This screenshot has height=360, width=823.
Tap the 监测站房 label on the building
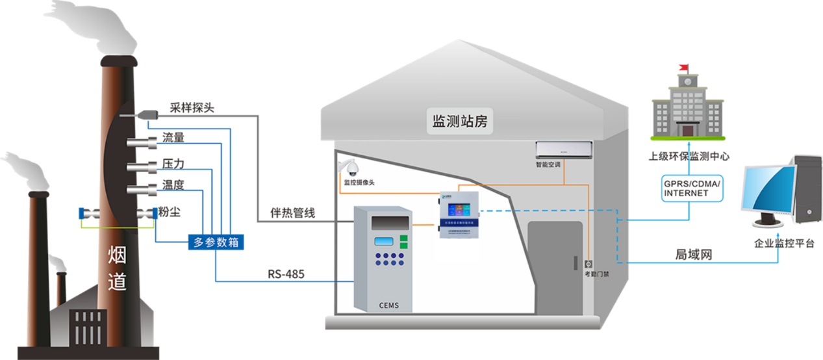[459, 121]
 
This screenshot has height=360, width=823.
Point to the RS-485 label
[286, 274]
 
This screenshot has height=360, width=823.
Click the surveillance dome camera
[351, 169]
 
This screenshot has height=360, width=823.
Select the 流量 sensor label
[173, 138]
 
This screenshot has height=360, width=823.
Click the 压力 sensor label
[173, 162]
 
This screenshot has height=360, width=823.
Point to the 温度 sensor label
[173, 185]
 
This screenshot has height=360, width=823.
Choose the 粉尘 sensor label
[170, 212]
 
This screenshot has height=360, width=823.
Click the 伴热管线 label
[292, 213]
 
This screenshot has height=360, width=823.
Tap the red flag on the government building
[682, 66]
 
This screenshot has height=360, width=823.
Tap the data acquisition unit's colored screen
[459, 209]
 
